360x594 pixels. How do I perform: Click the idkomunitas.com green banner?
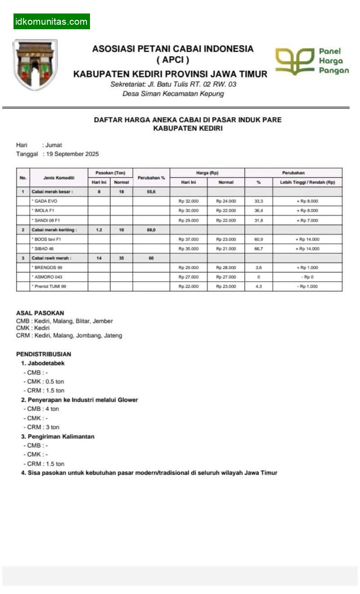[x=51, y=22]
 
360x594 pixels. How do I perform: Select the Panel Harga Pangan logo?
[x=312, y=61]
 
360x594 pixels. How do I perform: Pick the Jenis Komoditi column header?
[x=58, y=178]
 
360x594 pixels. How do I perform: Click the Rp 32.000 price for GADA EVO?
[x=189, y=201]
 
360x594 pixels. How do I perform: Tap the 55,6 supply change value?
[x=151, y=192]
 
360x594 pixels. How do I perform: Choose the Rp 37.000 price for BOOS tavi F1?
[x=189, y=239]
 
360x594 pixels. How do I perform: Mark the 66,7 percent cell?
[x=258, y=249]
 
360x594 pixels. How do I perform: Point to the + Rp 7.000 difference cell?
[x=307, y=220]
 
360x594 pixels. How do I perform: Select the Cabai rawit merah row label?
[x=52, y=258]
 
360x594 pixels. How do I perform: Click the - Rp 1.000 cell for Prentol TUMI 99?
[x=307, y=286]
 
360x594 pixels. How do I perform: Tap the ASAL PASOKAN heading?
[x=40, y=313]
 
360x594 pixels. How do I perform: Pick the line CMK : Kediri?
[x=33, y=328]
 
